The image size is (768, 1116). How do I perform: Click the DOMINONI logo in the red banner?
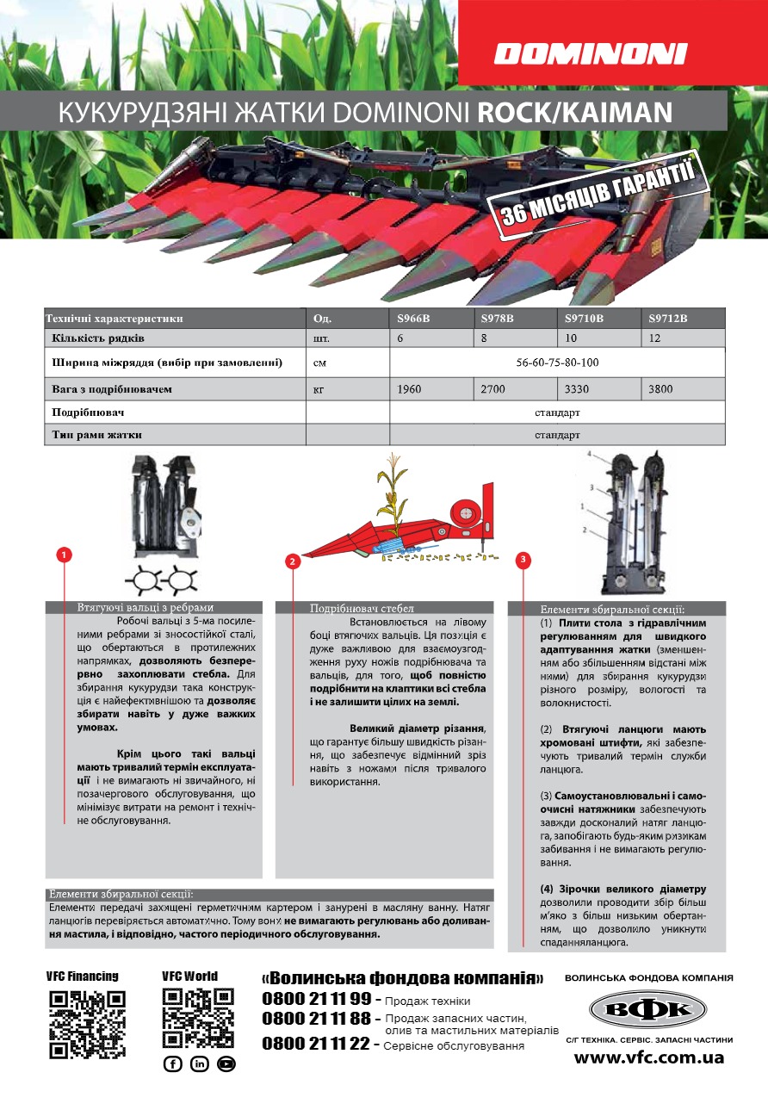tap(591, 54)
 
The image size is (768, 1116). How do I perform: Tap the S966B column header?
tap(413, 319)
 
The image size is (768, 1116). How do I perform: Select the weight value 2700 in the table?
tap(492, 389)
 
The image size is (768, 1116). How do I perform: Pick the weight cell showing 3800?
tap(661, 389)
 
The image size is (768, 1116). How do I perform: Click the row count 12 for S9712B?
tap(656, 338)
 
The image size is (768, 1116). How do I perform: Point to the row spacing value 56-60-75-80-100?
tap(557, 363)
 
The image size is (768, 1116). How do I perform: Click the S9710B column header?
tap(584, 319)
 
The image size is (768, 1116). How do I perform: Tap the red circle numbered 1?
tap(65, 554)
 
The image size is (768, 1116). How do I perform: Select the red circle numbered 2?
tap(293, 561)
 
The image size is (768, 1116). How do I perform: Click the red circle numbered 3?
tap(524, 561)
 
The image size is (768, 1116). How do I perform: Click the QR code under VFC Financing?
tap(87, 1024)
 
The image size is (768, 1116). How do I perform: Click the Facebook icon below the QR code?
tap(172, 1063)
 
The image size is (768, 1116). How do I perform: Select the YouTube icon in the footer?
tap(226, 1063)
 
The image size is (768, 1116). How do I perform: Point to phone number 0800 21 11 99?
tap(316, 999)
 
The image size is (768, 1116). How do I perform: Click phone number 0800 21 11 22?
tap(316, 1044)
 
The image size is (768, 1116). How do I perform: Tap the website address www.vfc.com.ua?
tap(649, 1057)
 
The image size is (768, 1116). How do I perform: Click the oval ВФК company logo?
tap(648, 1010)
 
